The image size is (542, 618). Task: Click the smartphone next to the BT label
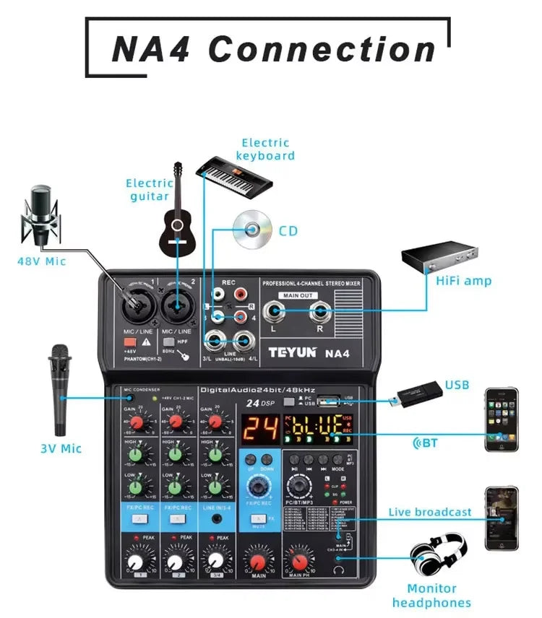tap(501, 419)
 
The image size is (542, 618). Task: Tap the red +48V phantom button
tap(130, 341)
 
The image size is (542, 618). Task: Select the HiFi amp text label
tap(464, 280)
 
